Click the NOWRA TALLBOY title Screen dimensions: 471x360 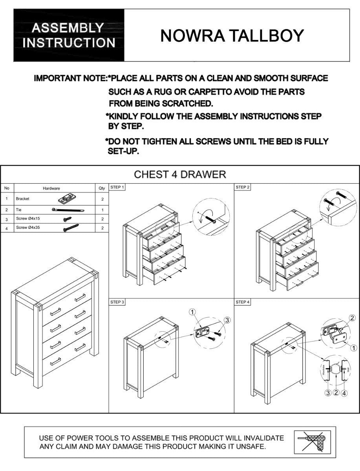click(x=232, y=36)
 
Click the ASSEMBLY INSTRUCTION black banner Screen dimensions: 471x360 click(x=69, y=35)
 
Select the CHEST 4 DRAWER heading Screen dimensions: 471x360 click(x=180, y=174)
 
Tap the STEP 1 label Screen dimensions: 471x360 click(x=117, y=187)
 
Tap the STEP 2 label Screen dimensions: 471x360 click(x=243, y=187)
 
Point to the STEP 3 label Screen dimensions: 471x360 click(x=117, y=302)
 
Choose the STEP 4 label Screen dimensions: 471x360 click(x=243, y=302)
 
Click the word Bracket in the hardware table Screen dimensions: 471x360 click(x=22, y=199)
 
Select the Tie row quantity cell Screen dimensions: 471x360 click(x=102, y=210)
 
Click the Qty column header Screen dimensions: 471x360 click(x=102, y=188)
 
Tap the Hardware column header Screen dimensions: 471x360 click(x=51, y=188)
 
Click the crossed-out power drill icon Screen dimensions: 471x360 click(x=312, y=442)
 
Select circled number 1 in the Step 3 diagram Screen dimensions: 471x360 click(x=192, y=312)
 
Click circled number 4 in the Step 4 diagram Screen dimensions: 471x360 click(x=344, y=393)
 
